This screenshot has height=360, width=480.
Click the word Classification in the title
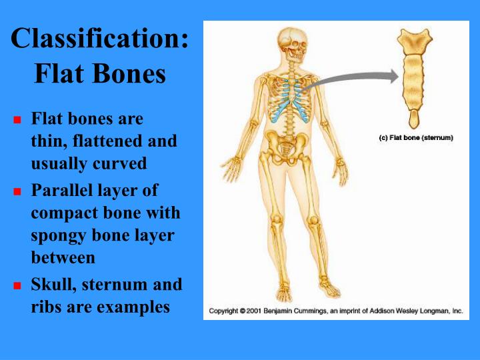pos(99,39)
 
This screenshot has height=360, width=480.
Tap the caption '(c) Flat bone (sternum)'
pos(416,138)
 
